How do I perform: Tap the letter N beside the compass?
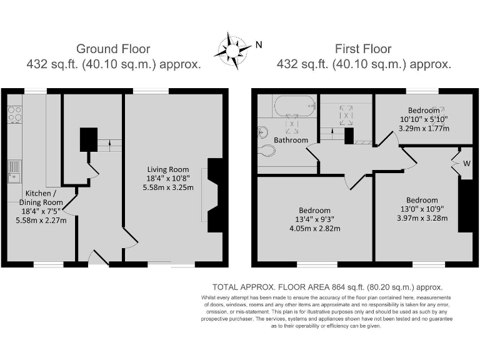click(x=258, y=44)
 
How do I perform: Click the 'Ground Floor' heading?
click(x=113, y=49)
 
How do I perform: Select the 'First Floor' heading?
click(x=363, y=49)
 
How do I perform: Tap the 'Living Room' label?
click(x=167, y=169)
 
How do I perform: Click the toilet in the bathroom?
click(x=266, y=150)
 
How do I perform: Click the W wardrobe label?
click(x=466, y=164)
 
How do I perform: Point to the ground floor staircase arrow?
click(x=110, y=145)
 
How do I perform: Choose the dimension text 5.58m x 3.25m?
click(x=168, y=187)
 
